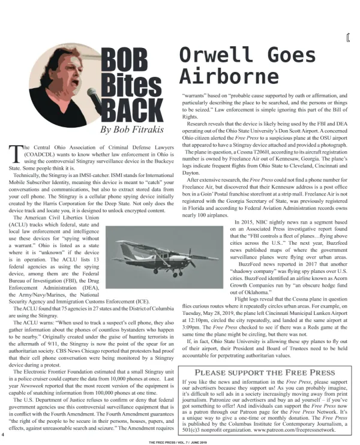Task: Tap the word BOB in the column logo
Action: point(124,61)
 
